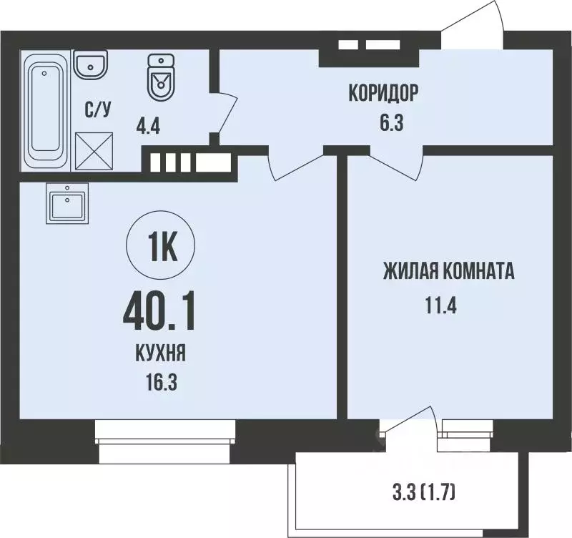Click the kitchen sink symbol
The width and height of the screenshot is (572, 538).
pyautogui.click(x=66, y=203)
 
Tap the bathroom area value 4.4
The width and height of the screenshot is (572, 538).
pyautogui.click(x=149, y=129)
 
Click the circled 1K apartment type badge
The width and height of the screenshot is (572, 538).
pyautogui.click(x=162, y=248)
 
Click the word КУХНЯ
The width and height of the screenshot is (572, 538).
pyautogui.click(x=160, y=353)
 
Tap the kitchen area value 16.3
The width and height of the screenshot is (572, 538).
pyautogui.click(x=161, y=381)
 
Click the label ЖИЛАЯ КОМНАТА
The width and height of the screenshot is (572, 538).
pyautogui.click(x=450, y=272)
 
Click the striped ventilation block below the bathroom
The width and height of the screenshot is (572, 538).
pyautogui.click(x=190, y=162)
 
